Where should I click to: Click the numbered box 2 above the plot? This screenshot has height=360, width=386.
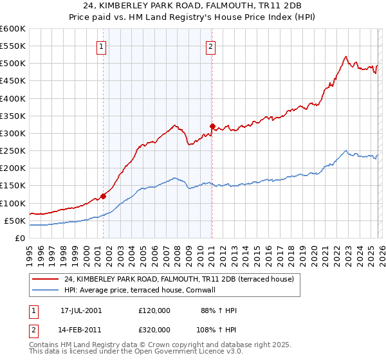point(211,46)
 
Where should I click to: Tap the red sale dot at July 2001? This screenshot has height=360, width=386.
point(104,196)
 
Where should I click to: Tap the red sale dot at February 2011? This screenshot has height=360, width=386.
point(212,127)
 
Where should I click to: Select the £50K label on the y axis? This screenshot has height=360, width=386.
point(15,221)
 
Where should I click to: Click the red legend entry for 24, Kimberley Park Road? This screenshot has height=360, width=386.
point(178,279)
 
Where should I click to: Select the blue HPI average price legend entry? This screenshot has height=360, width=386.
point(143,290)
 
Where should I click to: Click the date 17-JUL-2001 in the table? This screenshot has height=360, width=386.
point(81,310)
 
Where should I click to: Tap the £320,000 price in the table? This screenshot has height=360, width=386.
point(154,331)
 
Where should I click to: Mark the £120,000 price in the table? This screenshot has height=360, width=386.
point(154,310)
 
